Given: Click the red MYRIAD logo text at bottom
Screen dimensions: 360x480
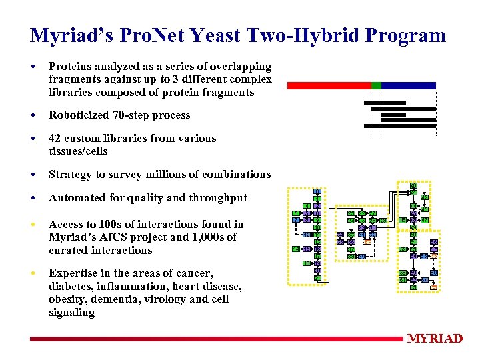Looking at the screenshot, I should coord(435,339).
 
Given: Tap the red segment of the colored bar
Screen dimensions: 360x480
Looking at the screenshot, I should coord(328,85).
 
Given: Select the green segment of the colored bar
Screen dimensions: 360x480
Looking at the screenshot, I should coord(376,85).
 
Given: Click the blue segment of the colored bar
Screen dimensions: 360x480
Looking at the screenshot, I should coord(408,85).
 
